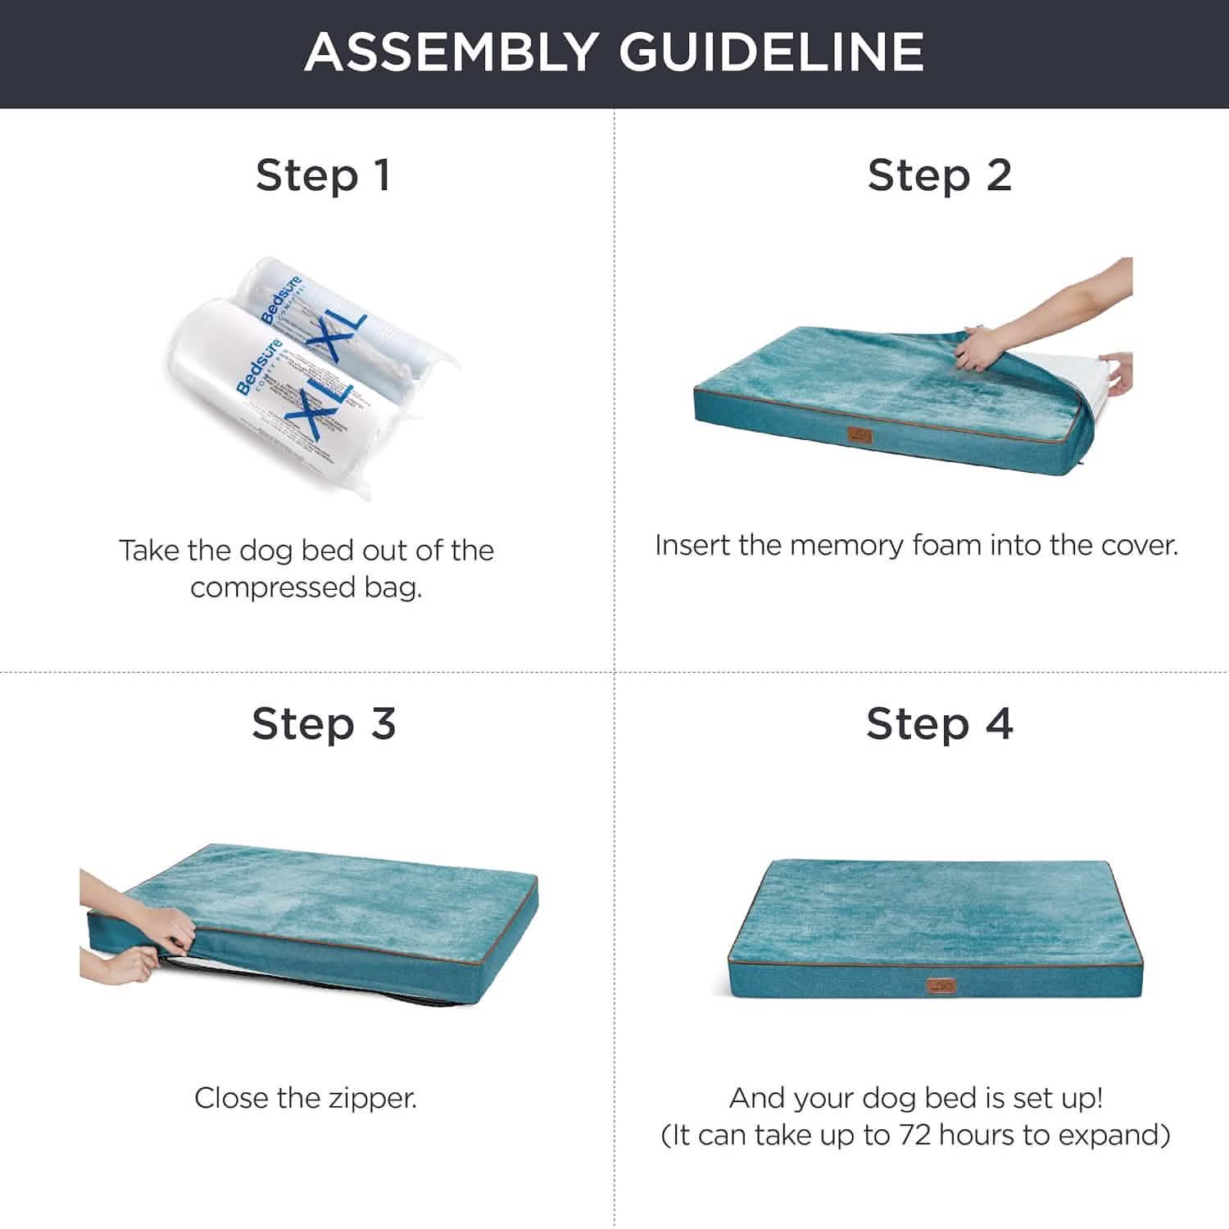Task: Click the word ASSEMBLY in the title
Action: (449, 52)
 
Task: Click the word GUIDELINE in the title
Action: (771, 52)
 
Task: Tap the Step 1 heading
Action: (323, 175)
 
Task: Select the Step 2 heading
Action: (940, 175)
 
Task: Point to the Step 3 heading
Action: (324, 724)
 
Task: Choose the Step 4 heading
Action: (940, 724)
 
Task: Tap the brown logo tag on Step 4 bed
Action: (941, 986)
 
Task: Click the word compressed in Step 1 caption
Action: (274, 587)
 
